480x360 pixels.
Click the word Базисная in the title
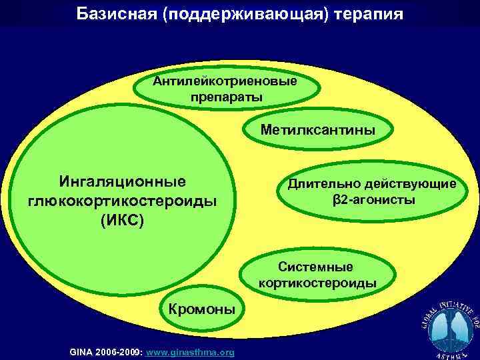[x=116, y=13]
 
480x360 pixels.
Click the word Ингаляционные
[x=123, y=181]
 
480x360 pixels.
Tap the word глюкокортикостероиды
[x=123, y=201]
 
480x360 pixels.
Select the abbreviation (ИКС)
[x=123, y=220]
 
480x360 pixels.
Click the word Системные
[x=315, y=267]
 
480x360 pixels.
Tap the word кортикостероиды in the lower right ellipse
[x=317, y=283]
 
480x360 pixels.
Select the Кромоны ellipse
[x=201, y=310]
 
